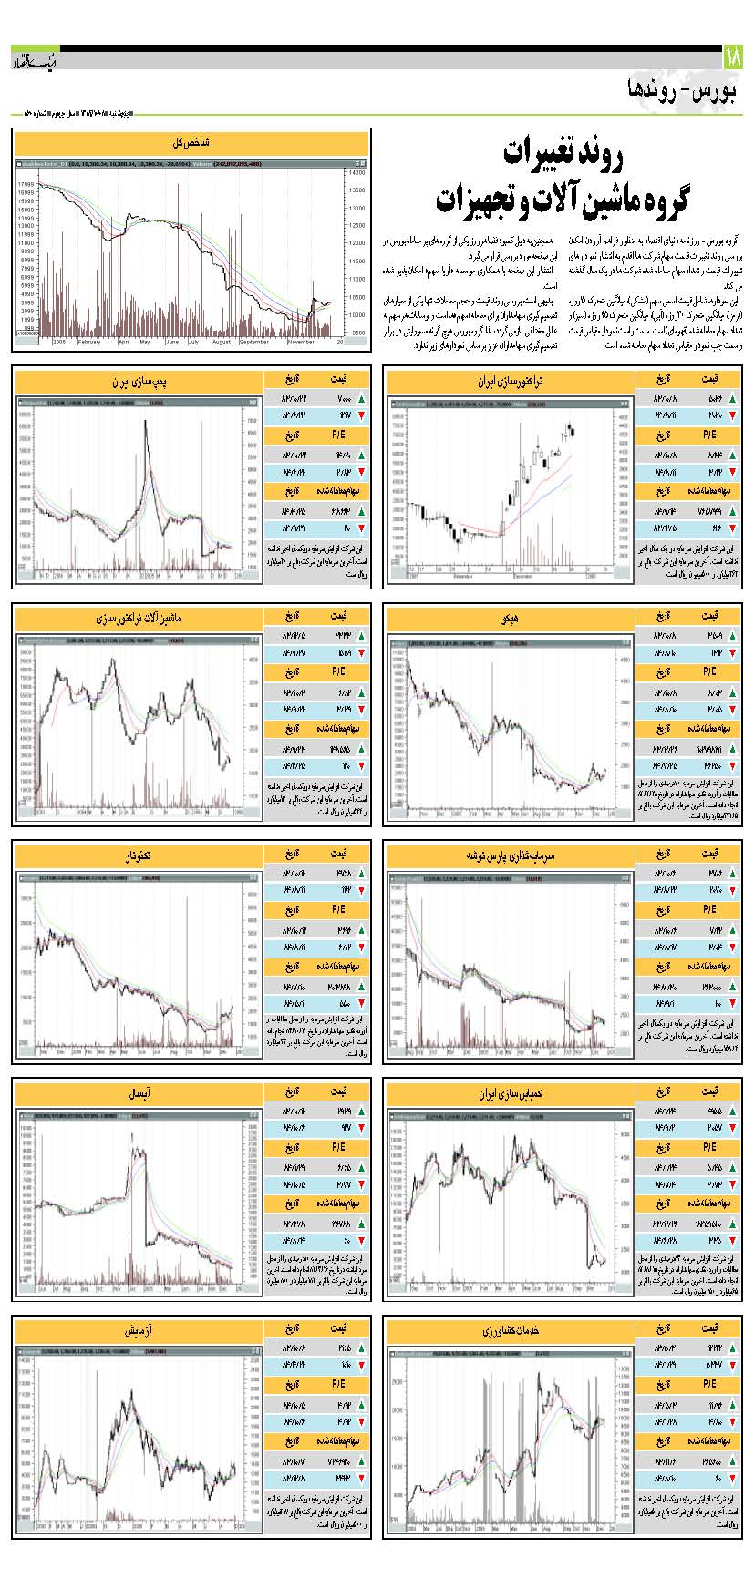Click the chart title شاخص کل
coord(191,142)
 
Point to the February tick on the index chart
coord(88,343)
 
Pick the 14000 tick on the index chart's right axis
coord(355,171)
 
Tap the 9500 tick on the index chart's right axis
coord(355,333)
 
